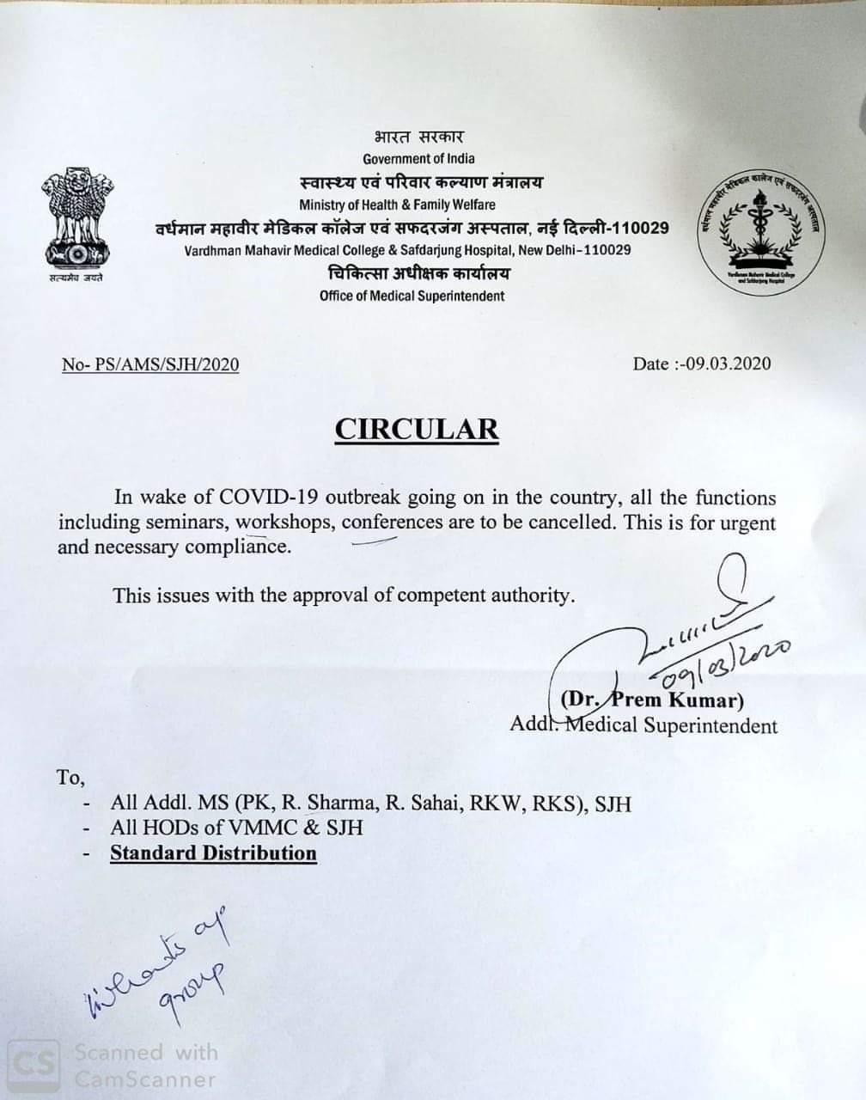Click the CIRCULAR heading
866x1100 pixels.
(x=417, y=428)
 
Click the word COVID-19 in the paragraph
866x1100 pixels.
(x=259, y=498)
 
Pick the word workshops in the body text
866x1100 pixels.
(x=291, y=522)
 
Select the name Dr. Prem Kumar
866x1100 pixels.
(x=651, y=699)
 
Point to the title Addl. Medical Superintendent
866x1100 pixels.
(x=643, y=725)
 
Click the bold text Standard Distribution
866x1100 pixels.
(x=213, y=853)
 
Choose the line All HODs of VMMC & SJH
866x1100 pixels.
(x=236, y=828)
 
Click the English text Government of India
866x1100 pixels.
(x=418, y=158)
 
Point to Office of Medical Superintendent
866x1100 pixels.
(x=412, y=296)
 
